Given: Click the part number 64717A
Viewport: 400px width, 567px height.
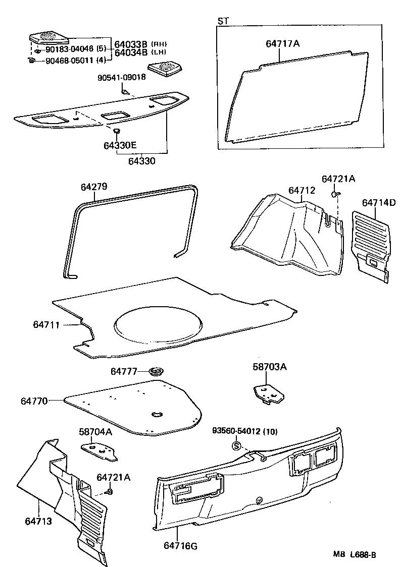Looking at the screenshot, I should [282, 44].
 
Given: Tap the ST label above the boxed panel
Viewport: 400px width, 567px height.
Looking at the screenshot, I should [222, 21].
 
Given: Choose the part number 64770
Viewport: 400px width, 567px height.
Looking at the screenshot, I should [34, 401].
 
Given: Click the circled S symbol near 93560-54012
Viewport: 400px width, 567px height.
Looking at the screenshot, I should [236, 446].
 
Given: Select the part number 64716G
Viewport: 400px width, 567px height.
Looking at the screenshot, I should [181, 545].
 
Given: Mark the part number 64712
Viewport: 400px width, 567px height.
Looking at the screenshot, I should [302, 190].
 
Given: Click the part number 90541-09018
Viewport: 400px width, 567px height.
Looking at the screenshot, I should [122, 77].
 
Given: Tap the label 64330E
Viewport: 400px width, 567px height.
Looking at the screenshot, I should [120, 145].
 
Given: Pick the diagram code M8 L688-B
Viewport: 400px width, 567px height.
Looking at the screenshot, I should [354, 554].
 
